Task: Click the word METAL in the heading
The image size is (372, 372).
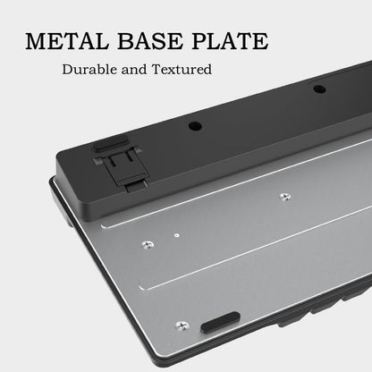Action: [66, 41]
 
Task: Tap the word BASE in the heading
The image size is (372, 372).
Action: [150, 41]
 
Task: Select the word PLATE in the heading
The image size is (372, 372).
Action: [230, 41]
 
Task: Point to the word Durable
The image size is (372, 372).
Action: [89, 70]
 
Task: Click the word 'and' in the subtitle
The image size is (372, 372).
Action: [134, 70]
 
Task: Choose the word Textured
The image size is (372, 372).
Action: [182, 70]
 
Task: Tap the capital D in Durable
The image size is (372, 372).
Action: [67, 70]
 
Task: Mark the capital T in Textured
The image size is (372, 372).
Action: [157, 70]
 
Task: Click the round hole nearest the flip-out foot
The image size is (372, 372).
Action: [195, 126]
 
